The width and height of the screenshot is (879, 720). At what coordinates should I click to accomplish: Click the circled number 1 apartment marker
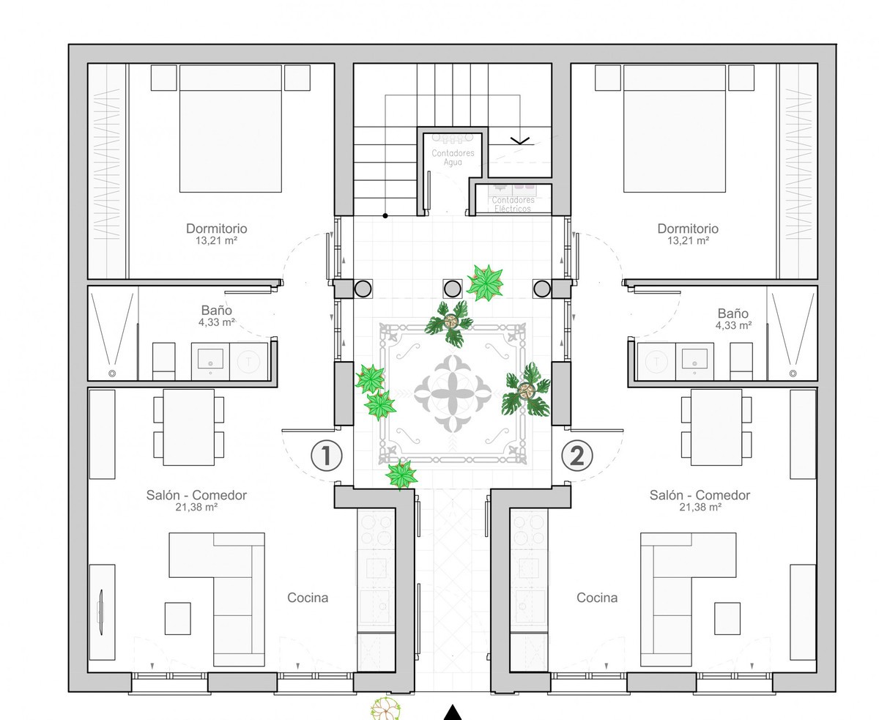tap(327, 456)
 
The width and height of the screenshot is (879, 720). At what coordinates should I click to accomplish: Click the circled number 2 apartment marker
tap(576, 456)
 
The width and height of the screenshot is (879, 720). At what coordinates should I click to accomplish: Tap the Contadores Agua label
tap(453, 157)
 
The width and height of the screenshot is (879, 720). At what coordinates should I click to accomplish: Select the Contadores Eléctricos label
tap(513, 204)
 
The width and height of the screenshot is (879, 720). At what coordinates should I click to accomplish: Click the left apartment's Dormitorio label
tap(216, 229)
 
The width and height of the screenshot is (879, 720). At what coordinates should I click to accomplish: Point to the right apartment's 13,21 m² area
tap(688, 240)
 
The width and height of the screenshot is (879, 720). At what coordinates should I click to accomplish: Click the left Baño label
tap(216, 310)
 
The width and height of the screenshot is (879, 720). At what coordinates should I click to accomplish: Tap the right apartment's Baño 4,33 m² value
tap(733, 325)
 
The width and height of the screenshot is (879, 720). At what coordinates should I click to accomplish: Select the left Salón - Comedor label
tap(196, 495)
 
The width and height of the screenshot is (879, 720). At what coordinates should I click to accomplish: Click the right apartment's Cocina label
tap(597, 598)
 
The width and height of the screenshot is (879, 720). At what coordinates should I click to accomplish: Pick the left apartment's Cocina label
tap(308, 598)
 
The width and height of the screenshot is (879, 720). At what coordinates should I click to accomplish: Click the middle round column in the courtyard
tap(452, 289)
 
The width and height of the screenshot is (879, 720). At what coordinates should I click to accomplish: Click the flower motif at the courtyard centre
tap(453, 393)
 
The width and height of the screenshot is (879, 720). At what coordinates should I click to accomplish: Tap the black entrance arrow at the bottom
tap(452, 713)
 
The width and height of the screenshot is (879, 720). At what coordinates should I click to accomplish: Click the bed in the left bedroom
tap(231, 128)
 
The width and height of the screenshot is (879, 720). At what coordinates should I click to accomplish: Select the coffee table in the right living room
tap(727, 618)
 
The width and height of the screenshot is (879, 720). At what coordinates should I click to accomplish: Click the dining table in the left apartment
tap(188, 427)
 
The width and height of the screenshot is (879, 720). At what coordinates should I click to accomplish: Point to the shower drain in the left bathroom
tap(111, 374)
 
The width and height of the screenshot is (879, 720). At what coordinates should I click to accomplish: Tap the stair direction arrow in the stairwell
tap(520, 141)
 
